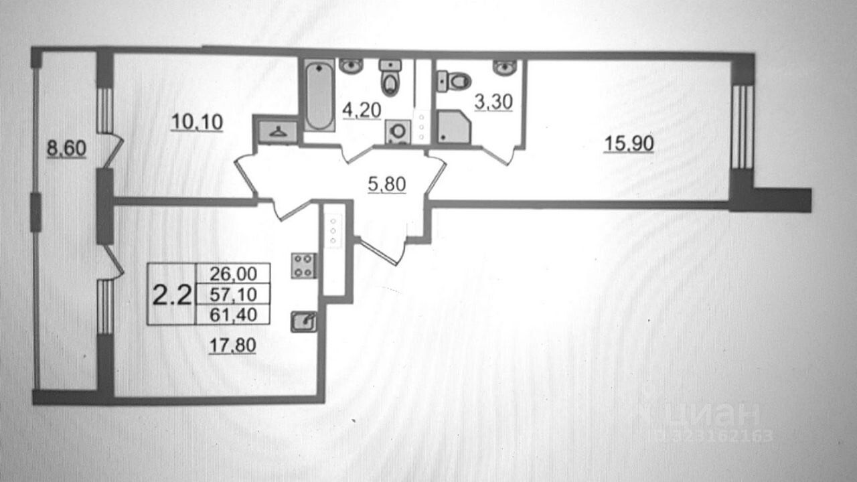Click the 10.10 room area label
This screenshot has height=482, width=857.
point(196,122)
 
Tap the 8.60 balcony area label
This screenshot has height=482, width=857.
point(66,148)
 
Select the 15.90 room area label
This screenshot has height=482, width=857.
point(628,143)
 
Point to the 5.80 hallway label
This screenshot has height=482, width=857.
point(387,183)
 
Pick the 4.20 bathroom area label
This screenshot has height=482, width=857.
point(362,110)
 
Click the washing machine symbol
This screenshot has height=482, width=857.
point(398,131)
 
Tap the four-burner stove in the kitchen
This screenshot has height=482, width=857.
point(303,265)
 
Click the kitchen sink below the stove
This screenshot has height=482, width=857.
point(303,322)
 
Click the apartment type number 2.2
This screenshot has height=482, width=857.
point(172,294)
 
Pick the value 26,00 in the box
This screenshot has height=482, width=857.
point(232,274)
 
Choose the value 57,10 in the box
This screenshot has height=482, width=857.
point(232,294)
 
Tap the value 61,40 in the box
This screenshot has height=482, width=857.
point(232,314)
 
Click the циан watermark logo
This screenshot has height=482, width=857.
point(703,415)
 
